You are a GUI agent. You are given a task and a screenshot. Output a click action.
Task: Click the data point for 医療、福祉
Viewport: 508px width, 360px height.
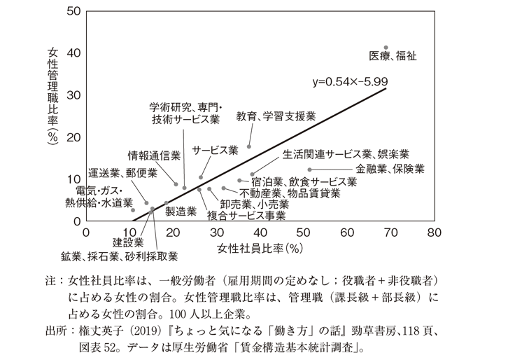click(x=386, y=48)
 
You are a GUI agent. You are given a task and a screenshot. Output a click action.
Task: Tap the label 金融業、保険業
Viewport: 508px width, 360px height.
click(x=390, y=169)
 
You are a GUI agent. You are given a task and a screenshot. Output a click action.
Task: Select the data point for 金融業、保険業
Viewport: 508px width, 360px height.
click(x=309, y=169)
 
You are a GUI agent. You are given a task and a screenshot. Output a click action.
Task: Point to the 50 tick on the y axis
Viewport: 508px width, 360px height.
click(x=72, y=11)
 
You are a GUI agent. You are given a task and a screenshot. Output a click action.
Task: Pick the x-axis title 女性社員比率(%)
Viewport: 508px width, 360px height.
click(x=260, y=248)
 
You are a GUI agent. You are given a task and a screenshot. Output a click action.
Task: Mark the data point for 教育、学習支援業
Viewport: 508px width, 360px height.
click(x=249, y=146)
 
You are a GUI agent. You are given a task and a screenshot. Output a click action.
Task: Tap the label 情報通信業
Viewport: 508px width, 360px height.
click(x=154, y=155)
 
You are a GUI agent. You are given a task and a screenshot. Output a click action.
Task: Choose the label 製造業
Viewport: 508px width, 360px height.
click(x=181, y=210)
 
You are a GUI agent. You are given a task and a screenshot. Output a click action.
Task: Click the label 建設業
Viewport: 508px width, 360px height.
click(x=128, y=242)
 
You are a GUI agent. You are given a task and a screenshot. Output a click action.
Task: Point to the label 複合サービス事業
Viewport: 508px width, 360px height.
click(x=246, y=216)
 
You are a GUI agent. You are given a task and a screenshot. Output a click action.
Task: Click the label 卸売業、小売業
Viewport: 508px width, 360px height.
click(x=254, y=205)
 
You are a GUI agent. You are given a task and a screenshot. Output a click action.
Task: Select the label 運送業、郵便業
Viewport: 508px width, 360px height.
click(x=122, y=174)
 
